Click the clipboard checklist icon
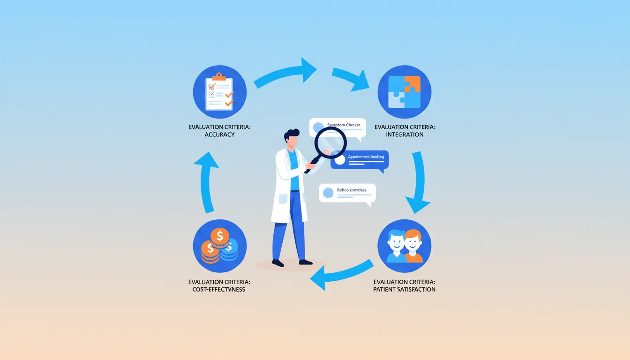(x=220, y=91)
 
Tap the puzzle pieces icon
(x=404, y=91)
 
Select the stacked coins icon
(x=220, y=246)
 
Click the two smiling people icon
(x=404, y=246)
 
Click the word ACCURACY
(x=219, y=135)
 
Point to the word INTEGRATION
(x=405, y=135)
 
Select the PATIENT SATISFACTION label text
(x=404, y=289)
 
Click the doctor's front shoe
(x=305, y=262)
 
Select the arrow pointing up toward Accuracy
(x=207, y=180)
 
